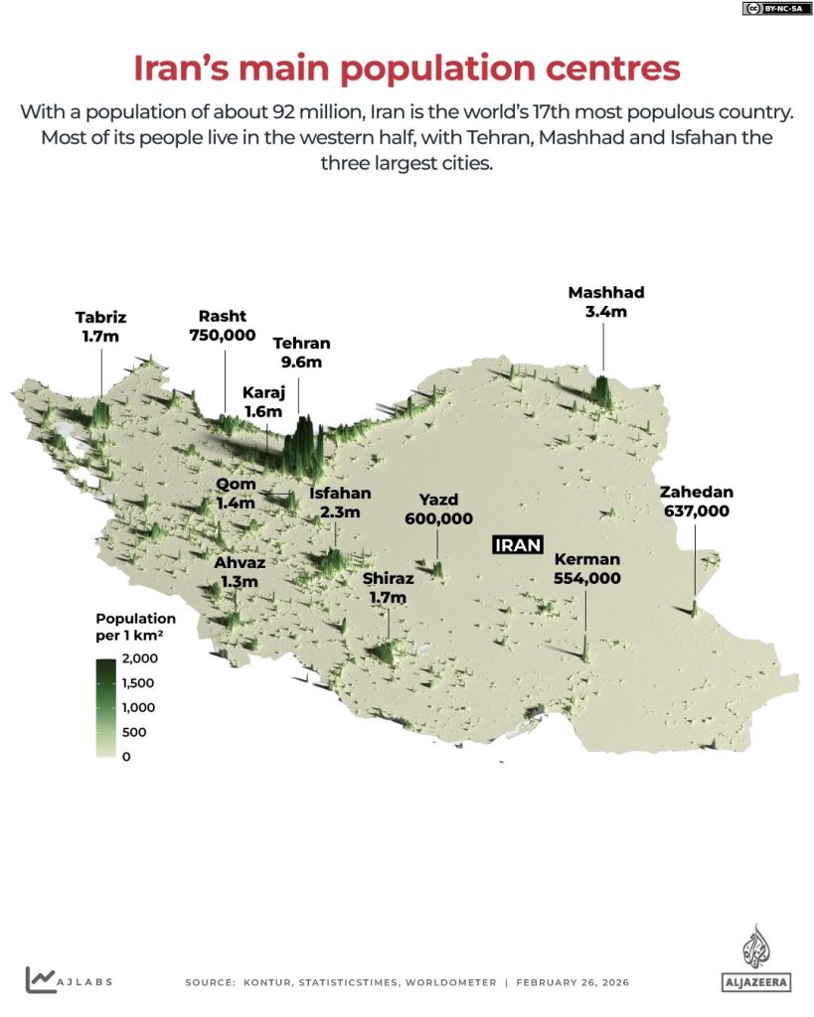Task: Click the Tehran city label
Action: [x=302, y=344]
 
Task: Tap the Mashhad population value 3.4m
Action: [x=606, y=312]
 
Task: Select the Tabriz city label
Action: [x=100, y=318]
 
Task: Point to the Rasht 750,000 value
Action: [x=223, y=336]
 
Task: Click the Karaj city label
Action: [x=263, y=392]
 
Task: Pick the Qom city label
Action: [x=236, y=484]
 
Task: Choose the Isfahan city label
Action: [x=340, y=493]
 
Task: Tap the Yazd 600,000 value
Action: [x=438, y=518]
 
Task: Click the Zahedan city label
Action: [x=696, y=492]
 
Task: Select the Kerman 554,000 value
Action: [x=586, y=578]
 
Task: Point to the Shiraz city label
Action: [x=388, y=578]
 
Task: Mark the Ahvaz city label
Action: [x=240, y=562]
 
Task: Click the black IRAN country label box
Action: [x=518, y=544]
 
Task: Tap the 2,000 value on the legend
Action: [x=141, y=658]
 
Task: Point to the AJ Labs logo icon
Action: [x=41, y=979]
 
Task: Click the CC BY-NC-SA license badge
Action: [x=773, y=9]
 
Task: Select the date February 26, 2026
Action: [x=572, y=982]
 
